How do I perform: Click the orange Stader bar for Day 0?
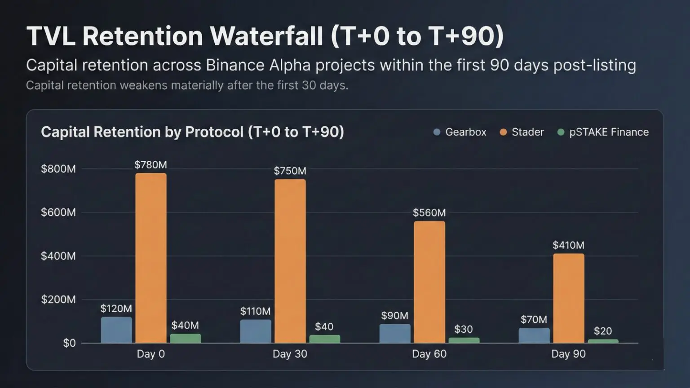point(151,258)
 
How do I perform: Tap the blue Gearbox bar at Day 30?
point(256,331)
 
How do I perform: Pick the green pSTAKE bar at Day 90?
point(603,341)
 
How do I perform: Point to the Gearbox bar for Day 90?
point(534,335)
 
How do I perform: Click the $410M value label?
point(568,245)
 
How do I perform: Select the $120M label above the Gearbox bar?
point(116,309)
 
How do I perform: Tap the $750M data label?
point(290,171)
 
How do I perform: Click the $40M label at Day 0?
point(185,325)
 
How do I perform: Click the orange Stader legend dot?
point(503,132)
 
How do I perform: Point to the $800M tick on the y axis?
point(58,169)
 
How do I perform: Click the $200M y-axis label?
point(58,300)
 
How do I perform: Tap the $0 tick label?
point(69,344)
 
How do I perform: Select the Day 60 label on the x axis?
point(429,354)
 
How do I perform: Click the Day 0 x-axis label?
point(151,354)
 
